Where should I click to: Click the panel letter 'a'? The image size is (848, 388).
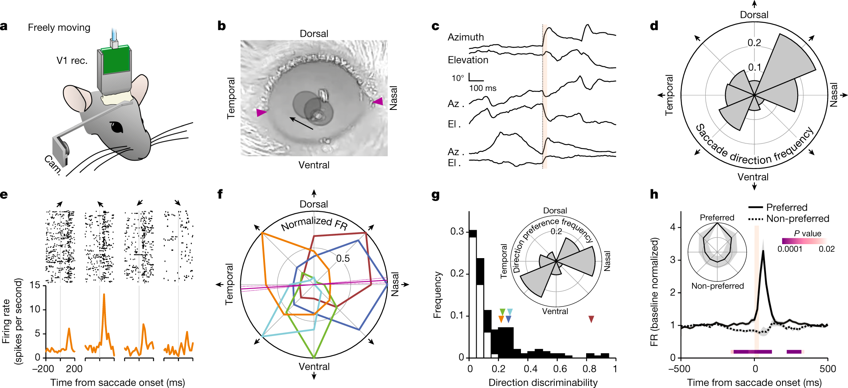pyautogui.click(x=4, y=27)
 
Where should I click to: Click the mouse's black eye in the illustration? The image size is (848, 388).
pyautogui.click(x=117, y=127)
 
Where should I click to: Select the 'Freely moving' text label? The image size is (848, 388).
pyautogui.click(x=59, y=28)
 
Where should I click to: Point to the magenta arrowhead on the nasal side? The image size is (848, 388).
pyautogui.click(x=378, y=101)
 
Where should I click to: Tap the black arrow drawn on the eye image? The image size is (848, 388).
pyautogui.click(x=301, y=123)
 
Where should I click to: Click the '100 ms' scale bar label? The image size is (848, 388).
pyautogui.click(x=483, y=88)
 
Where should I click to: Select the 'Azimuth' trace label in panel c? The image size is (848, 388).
pyautogui.click(x=466, y=37)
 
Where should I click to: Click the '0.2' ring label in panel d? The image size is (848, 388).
pyautogui.click(x=754, y=43)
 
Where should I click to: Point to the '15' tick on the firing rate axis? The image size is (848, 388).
pyautogui.click(x=35, y=285)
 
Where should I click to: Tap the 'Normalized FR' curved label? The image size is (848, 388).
pyautogui.click(x=314, y=223)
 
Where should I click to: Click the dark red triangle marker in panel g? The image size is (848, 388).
pyautogui.click(x=591, y=319)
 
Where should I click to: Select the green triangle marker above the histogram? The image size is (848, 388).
pyautogui.click(x=502, y=312)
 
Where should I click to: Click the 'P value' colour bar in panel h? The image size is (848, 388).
pyautogui.click(x=804, y=241)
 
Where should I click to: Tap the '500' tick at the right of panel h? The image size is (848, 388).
pyautogui.click(x=827, y=368)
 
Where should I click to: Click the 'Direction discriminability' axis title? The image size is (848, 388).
pyautogui.click(x=543, y=382)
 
